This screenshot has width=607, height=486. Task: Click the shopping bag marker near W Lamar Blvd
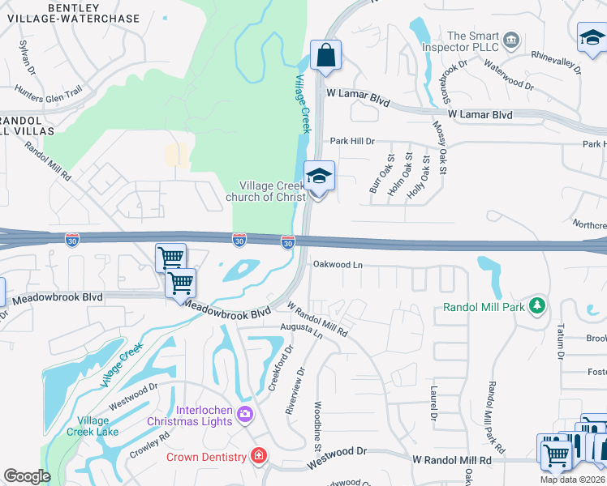click(325, 57)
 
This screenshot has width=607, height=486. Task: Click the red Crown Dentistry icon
click(259, 457)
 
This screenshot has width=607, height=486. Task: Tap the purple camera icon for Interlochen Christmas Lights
click(245, 415)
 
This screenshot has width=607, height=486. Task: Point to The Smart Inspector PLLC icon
click(510, 40)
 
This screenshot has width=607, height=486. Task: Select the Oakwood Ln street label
click(338, 264)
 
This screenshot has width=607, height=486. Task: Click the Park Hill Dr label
click(351, 141)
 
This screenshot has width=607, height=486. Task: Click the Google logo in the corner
click(27, 476)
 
